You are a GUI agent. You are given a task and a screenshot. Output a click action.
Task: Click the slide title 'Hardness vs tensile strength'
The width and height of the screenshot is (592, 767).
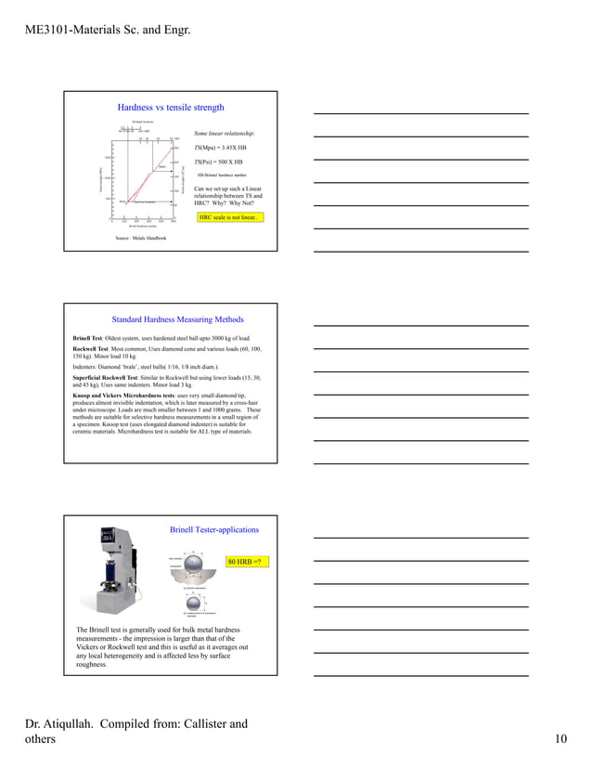click(170, 108)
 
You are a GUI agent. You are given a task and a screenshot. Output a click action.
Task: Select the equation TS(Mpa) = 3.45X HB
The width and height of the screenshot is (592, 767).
click(220, 148)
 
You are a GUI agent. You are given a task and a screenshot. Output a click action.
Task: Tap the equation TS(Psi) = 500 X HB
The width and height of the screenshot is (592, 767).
click(218, 162)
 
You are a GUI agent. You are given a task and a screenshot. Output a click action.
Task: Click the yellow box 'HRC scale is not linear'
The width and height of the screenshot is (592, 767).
click(229, 217)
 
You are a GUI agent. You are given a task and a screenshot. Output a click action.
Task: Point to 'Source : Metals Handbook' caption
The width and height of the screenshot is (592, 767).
click(135, 239)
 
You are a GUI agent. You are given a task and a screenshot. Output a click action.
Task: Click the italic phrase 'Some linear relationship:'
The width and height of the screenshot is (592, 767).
click(224, 134)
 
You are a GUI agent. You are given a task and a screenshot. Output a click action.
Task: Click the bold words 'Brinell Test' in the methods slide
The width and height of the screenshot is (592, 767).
click(88, 338)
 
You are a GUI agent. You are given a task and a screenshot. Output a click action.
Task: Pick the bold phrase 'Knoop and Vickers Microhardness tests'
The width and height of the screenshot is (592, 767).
click(126, 396)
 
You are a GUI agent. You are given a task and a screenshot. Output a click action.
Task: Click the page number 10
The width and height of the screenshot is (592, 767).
click(560, 739)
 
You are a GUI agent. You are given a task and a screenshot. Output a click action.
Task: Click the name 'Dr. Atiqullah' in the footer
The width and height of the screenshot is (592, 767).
click(60, 723)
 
